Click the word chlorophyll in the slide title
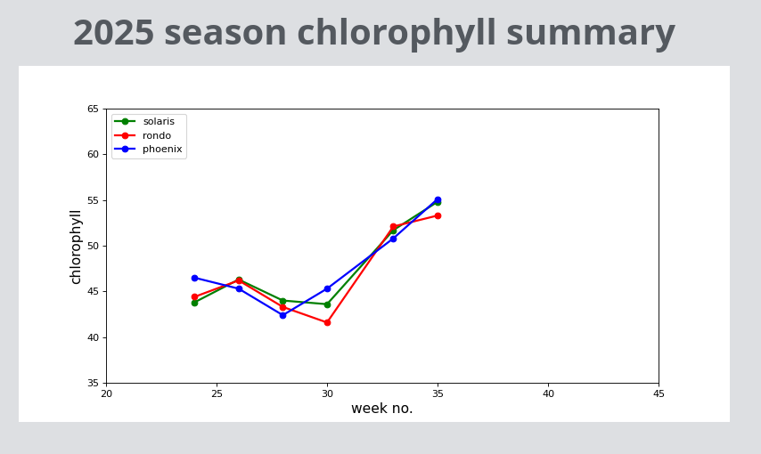(x=396, y=34)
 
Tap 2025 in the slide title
(x=113, y=34)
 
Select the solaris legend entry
(x=158, y=121)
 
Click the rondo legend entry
(x=156, y=135)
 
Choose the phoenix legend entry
(x=161, y=150)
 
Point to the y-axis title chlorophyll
(x=76, y=247)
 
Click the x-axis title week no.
(x=381, y=409)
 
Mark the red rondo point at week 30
(x=327, y=322)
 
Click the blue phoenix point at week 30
(x=327, y=288)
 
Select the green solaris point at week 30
(x=327, y=304)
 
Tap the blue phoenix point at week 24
(x=194, y=278)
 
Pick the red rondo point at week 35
(x=438, y=215)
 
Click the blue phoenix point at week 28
(x=282, y=315)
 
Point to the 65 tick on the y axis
(x=93, y=109)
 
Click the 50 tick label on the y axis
(x=93, y=246)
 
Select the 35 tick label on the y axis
(x=93, y=384)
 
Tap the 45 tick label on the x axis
(x=659, y=393)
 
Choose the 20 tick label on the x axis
(x=106, y=393)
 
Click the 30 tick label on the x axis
(x=327, y=393)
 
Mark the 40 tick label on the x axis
(x=548, y=393)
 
